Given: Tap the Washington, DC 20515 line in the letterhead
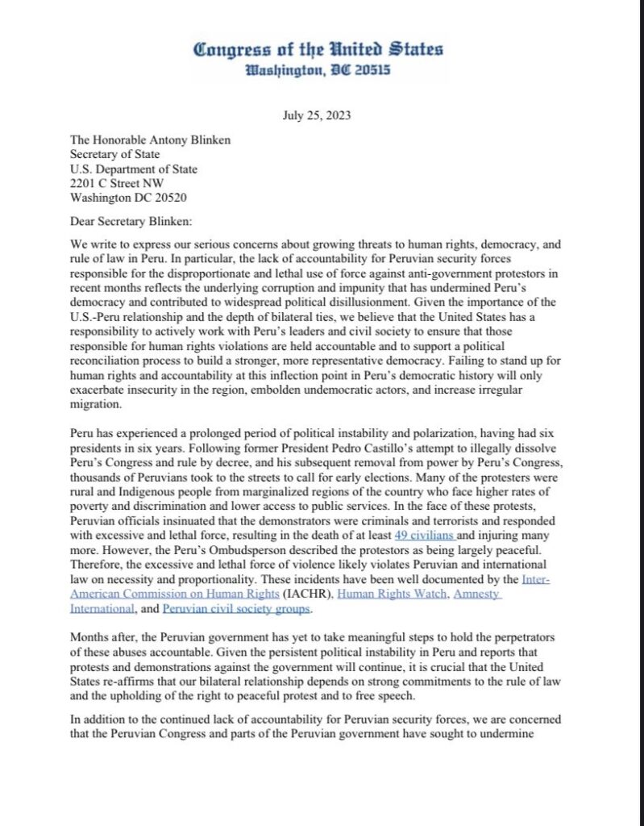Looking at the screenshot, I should coord(318,70).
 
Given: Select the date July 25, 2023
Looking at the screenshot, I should coord(317,115).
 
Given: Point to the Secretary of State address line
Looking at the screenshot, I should coord(115,154).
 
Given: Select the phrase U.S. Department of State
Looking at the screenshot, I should coord(134,169).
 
